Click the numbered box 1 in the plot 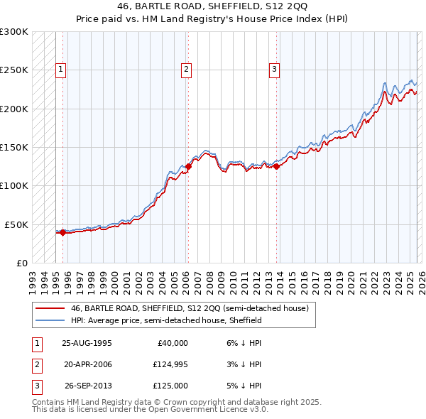point(61,70)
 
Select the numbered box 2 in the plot point(186,70)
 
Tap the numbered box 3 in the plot point(274,70)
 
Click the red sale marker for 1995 point(62,232)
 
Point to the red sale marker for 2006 point(188,166)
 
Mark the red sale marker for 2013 point(276,166)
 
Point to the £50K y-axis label point(16,224)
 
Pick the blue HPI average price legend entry point(166,321)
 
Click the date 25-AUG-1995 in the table point(87,343)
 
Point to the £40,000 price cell point(173,343)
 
